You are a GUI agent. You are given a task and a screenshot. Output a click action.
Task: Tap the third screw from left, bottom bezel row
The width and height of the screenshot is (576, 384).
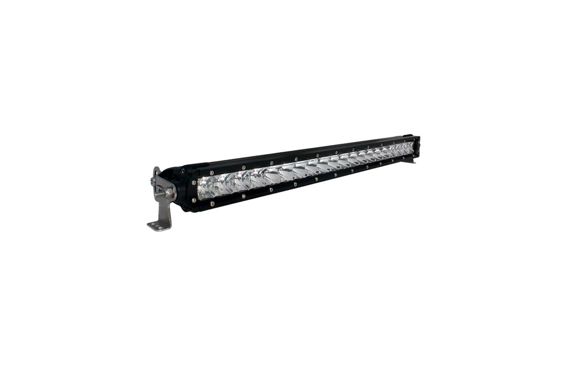click(272, 190)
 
